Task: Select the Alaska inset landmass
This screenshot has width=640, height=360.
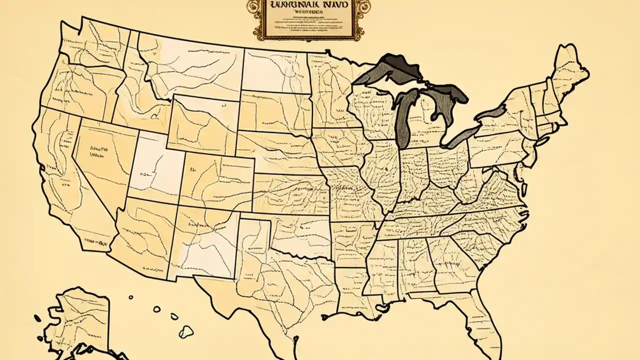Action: [80, 320]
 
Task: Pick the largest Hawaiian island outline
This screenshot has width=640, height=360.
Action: [186, 330]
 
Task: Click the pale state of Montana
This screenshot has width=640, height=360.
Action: [200, 65]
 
